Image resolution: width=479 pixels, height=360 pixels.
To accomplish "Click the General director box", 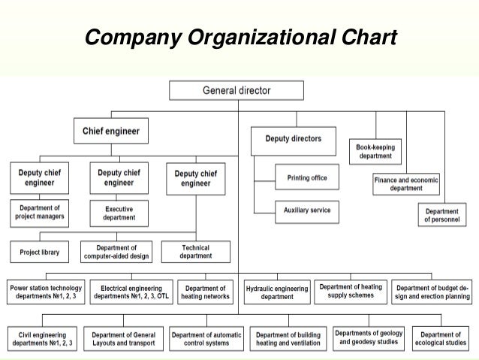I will [237, 91].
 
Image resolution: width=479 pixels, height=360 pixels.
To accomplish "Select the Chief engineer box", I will [110, 132].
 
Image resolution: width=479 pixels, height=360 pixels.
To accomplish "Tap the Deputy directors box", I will [293, 139].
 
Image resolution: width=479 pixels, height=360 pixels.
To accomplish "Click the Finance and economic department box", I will [406, 184].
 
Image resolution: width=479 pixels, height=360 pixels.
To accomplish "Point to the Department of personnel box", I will [441, 216].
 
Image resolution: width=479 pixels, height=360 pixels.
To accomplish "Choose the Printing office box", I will [307, 177].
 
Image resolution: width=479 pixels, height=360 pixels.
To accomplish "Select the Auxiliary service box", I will [307, 211].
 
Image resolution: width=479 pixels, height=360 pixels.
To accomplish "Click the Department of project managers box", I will [40, 212].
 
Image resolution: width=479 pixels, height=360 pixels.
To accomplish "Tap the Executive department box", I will [119, 212].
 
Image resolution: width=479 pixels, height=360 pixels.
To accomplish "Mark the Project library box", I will [40, 252].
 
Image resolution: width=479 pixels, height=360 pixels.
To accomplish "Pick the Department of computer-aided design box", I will [116, 252].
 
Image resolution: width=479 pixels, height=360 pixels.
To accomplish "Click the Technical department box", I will [195, 252].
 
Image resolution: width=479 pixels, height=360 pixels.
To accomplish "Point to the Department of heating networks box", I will [206, 292].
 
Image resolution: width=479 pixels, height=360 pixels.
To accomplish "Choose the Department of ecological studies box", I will [441, 338].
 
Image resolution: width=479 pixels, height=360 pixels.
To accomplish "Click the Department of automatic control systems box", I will [206, 338].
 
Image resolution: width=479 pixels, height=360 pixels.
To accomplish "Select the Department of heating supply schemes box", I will [351, 291].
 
